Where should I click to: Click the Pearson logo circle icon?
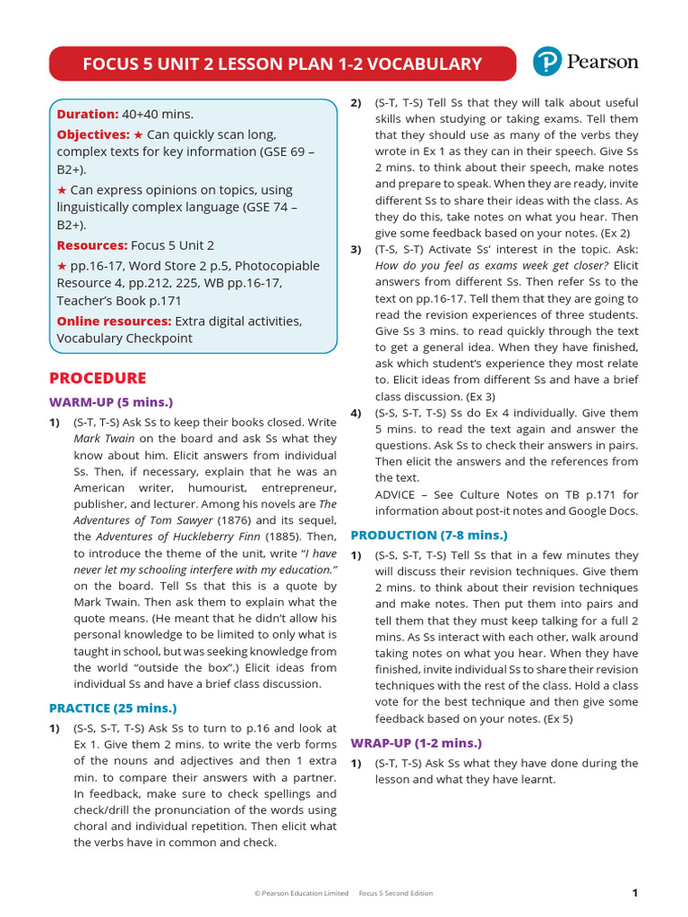coord(547,62)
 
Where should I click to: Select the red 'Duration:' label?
coord(88,114)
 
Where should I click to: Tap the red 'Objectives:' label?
coord(93,134)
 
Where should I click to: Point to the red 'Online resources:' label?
coord(114,321)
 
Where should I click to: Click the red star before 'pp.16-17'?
coord(62,266)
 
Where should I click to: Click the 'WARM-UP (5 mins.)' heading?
coord(111,402)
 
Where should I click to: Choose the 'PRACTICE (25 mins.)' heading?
coord(113,708)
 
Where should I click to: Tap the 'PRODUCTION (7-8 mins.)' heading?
coord(428,536)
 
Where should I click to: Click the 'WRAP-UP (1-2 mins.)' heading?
coord(416,743)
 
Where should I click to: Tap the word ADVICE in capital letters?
coord(397,494)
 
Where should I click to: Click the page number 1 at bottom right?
coord(634,893)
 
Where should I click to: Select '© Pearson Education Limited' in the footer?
coord(301,894)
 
